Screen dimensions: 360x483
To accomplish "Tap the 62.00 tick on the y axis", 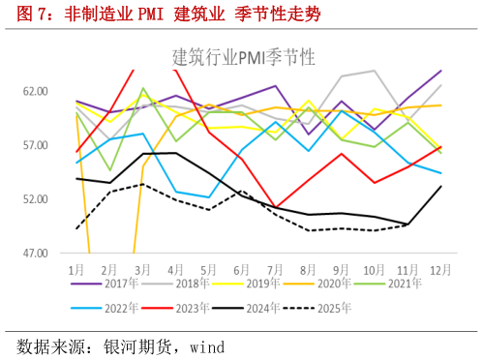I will (36, 91).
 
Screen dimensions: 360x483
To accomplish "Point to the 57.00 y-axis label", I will (36, 145).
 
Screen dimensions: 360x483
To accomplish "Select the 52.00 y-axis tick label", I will (36, 199).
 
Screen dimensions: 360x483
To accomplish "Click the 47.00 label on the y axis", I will (36, 254).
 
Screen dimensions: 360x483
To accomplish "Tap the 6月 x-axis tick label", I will (243, 267).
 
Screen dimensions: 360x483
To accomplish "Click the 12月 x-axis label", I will (440, 267).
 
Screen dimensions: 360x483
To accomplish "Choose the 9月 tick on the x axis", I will (342, 267).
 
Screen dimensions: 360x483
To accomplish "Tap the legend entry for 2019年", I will (282, 285).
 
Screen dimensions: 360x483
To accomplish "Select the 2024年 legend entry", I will (282, 307).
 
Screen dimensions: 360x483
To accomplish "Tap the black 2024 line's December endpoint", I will (441, 186).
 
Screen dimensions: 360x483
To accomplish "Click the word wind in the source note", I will (209, 345).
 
